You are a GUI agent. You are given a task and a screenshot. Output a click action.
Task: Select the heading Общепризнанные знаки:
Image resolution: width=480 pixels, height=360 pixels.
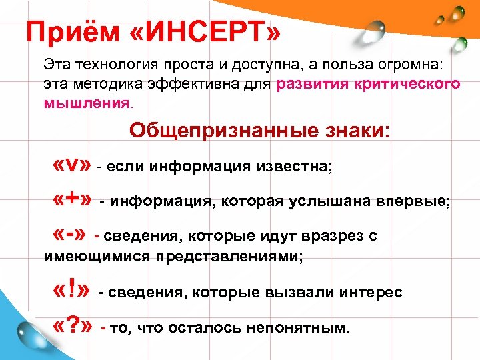(x=261, y=129)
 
